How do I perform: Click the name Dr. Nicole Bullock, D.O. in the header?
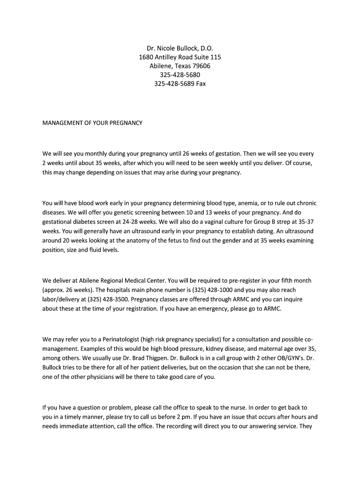coord(180,48)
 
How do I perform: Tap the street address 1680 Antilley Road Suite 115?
coord(180,57)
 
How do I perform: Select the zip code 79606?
coord(202,66)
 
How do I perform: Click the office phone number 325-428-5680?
coord(180,75)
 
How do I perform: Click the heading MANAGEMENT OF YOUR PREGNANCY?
coord(92,123)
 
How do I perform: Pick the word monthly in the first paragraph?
coord(94,153)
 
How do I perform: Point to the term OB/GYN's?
coord(285,357)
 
